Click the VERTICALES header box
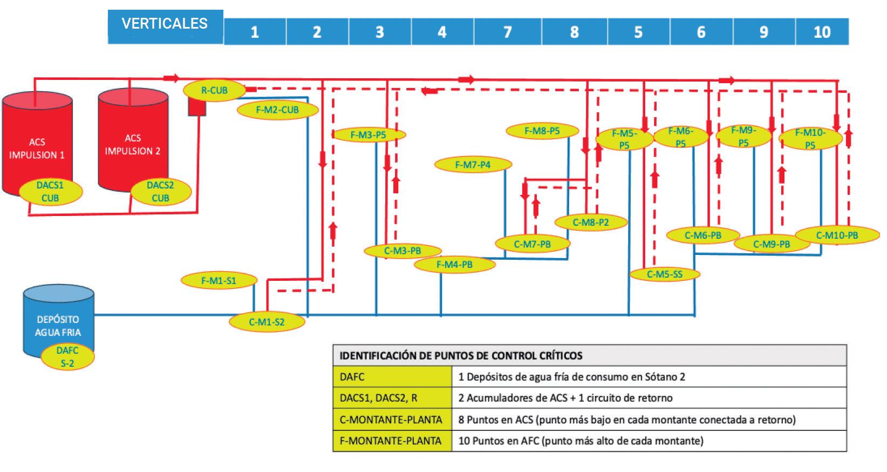[165, 25]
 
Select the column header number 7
[507, 32]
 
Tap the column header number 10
[822, 32]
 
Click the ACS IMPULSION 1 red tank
[38, 146]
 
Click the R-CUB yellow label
[214, 90]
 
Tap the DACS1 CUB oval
[50, 192]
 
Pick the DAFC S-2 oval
[67, 357]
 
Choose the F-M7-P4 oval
[473, 164]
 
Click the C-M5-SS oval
[665, 274]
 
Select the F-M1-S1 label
[219, 280]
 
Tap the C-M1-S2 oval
[267, 322]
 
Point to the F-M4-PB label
[454, 265]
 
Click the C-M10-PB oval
[837, 235]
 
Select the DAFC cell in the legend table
[392, 377]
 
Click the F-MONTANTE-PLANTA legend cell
[392, 441]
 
